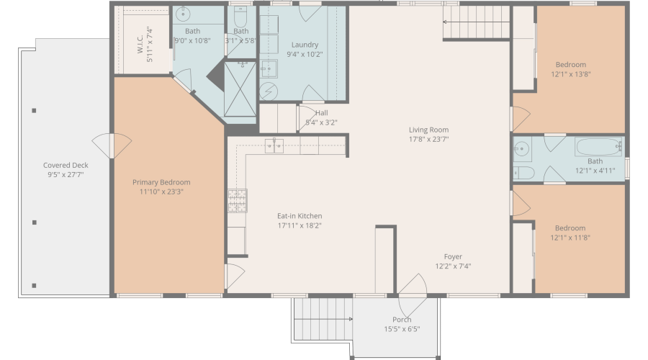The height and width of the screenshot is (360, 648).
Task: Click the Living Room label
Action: (x=428, y=130)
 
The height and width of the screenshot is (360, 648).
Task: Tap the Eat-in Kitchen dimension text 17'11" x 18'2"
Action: (x=300, y=225)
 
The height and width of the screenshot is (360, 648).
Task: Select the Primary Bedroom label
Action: (x=161, y=182)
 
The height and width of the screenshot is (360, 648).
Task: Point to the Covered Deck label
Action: (x=66, y=166)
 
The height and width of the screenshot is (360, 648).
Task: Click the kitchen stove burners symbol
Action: (x=237, y=201)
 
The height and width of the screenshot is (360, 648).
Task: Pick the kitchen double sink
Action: (x=274, y=146)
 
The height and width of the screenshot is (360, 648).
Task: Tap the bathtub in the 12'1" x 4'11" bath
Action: (x=598, y=147)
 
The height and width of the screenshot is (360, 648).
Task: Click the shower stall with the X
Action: (x=240, y=89)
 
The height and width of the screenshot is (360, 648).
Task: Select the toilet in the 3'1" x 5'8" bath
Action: (x=240, y=16)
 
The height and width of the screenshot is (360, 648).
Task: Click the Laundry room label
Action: (x=305, y=45)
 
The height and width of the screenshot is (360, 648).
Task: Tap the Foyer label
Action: (x=453, y=256)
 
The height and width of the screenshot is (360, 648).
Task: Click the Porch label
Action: (x=402, y=320)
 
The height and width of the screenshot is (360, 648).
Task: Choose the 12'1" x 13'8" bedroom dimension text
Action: (x=571, y=74)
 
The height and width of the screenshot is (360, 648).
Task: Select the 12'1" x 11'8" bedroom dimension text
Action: (x=570, y=238)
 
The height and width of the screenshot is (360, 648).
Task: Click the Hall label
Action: (x=322, y=113)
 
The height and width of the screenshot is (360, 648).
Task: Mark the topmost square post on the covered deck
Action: (x=34, y=110)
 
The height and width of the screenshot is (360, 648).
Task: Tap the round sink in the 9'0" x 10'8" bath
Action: (x=183, y=14)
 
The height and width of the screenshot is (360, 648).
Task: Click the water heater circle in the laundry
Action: (x=269, y=91)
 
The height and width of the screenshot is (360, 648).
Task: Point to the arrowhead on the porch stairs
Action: (x=351, y=319)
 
